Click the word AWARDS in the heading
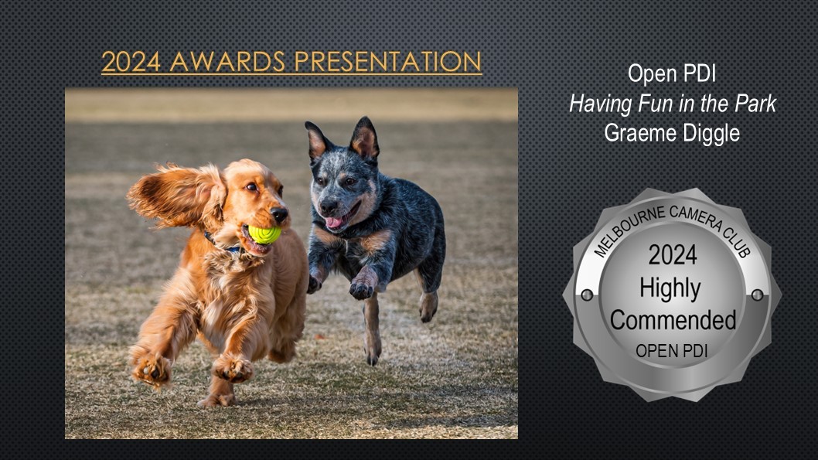(x=227, y=62)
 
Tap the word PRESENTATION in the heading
(x=387, y=62)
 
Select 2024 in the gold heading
(x=131, y=62)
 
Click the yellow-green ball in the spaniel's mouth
(x=265, y=234)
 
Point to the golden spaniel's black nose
(x=279, y=214)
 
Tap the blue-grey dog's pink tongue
(x=335, y=223)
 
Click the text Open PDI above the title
(x=672, y=73)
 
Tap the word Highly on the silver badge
(x=670, y=289)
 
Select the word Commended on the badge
(x=673, y=320)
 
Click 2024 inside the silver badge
(x=673, y=255)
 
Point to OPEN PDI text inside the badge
(x=671, y=351)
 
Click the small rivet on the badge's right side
(x=758, y=295)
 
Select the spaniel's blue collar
(x=222, y=244)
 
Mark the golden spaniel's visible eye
(x=251, y=186)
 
